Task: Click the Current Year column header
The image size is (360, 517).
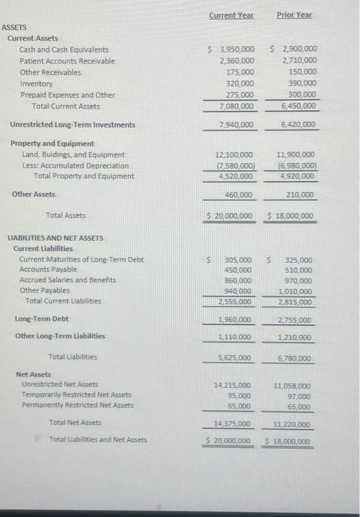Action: pos(231,14)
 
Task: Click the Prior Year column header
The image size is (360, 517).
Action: pos(294,14)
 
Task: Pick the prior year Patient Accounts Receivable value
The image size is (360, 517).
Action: pos(299,61)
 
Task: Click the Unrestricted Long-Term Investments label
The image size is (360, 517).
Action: pos(72,125)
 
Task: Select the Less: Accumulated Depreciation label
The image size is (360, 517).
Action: pos(75,165)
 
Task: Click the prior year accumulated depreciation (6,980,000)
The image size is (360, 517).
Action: pos(296,165)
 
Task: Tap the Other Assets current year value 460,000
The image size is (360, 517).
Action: pos(238,195)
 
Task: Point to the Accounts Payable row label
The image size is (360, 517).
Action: pos(47,270)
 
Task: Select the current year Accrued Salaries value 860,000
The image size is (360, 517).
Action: pos(238,281)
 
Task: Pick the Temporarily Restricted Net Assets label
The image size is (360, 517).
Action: pos(77,394)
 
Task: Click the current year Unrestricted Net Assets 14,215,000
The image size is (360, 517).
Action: pos(232,385)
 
